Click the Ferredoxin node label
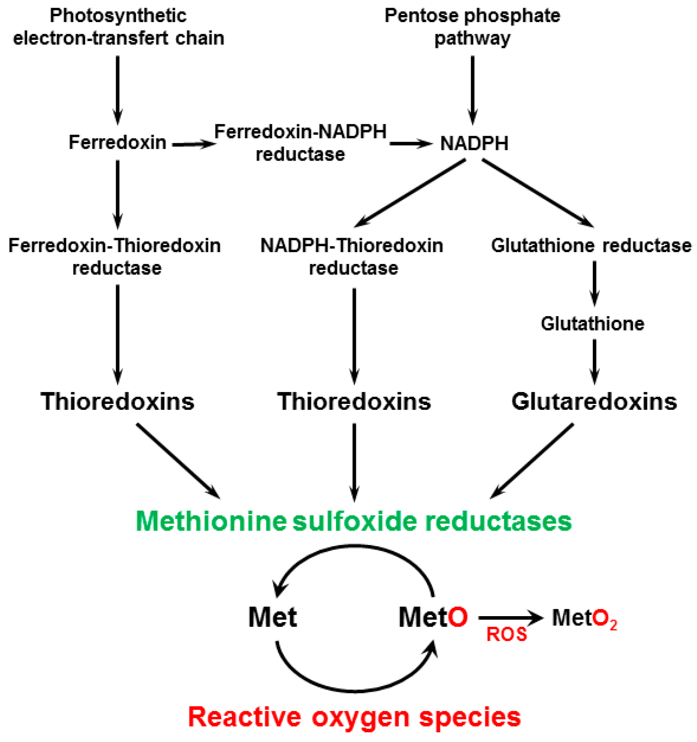coord(117,142)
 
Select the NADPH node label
coord(474,144)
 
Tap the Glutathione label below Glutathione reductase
coord(592,324)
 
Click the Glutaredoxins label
coord(594,401)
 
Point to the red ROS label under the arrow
coord(506,634)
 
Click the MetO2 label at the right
coord(584,619)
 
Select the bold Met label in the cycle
coord(272,617)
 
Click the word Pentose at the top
coord(417,16)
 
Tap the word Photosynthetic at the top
coord(118,16)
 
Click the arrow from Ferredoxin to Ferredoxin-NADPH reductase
coord(194,145)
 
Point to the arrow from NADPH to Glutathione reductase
coord(537,193)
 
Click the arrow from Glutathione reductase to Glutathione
coord(594,283)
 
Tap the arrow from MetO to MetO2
coord(511,618)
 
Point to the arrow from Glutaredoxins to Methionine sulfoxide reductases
coord(532,461)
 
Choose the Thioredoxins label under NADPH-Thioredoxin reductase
coord(354,401)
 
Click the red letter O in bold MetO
coord(458,617)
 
